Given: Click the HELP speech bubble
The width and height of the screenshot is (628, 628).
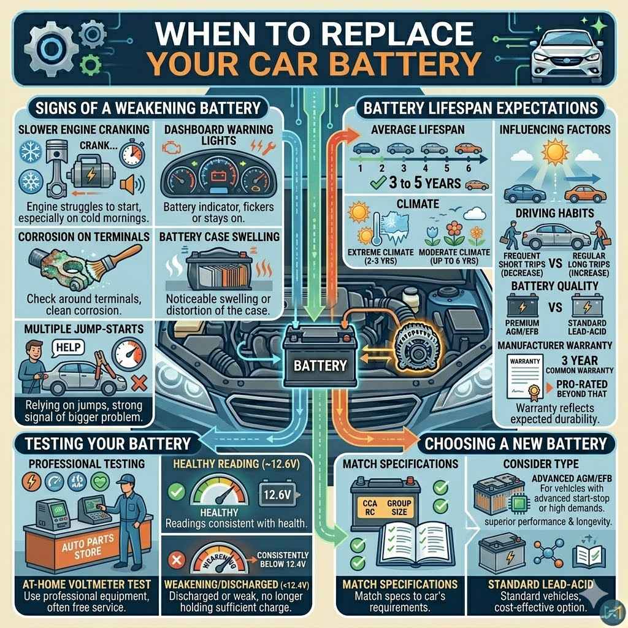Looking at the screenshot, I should click(x=64, y=347).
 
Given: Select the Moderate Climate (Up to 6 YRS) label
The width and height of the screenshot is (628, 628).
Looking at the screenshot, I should click(x=454, y=256).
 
